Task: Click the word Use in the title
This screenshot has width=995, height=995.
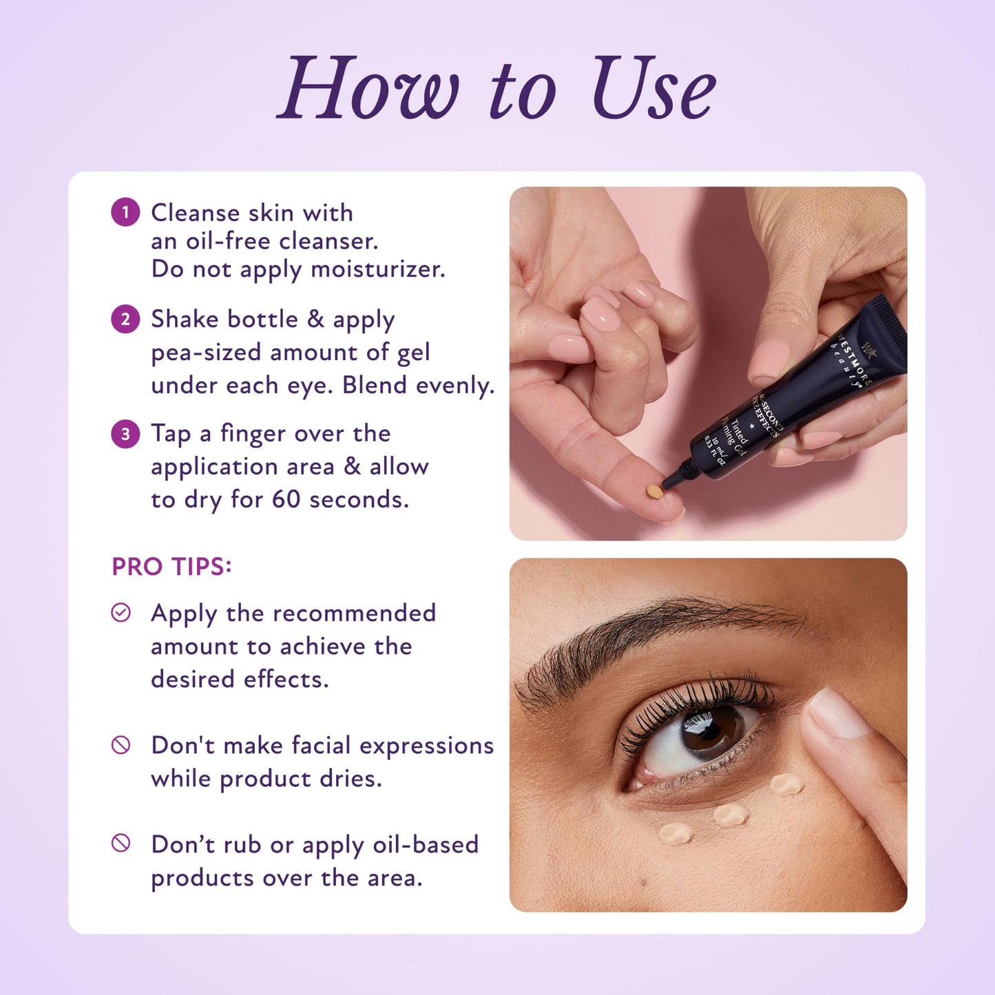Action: (x=653, y=89)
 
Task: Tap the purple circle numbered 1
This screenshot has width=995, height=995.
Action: (x=125, y=212)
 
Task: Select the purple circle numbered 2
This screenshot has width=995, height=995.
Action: (x=125, y=319)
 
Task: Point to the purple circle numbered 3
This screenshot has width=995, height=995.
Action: (x=125, y=434)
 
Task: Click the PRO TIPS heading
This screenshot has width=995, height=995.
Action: (x=171, y=567)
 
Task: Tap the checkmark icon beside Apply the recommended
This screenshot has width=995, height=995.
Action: (x=121, y=613)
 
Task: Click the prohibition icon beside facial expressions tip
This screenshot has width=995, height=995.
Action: (x=121, y=745)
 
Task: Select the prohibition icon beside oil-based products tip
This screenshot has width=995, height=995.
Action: (x=121, y=844)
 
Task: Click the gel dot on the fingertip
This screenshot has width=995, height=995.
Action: (x=653, y=492)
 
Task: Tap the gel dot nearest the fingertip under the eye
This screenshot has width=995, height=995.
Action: (x=786, y=784)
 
